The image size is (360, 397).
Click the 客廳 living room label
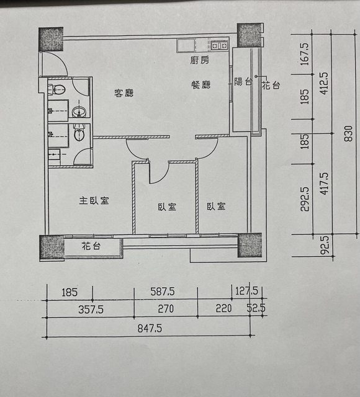(x=124, y=93)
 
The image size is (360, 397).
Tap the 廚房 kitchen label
(x=200, y=60)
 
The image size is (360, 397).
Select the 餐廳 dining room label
(x=201, y=84)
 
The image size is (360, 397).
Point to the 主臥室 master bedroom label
(x=94, y=200)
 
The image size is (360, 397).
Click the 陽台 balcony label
(x=243, y=81)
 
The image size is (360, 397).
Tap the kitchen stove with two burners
(x=220, y=45)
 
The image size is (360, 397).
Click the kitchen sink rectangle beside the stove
(x=186, y=46)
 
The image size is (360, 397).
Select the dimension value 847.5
(x=150, y=329)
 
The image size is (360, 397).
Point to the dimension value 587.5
(x=163, y=292)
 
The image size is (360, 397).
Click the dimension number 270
(x=166, y=309)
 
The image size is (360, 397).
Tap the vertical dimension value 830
(x=348, y=134)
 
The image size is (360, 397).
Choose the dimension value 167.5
(x=305, y=54)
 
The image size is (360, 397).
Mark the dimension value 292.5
(x=305, y=199)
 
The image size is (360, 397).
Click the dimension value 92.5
(x=325, y=245)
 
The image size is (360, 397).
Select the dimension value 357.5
(x=91, y=310)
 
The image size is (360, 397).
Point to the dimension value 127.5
(x=246, y=291)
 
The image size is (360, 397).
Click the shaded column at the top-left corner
(x=51, y=39)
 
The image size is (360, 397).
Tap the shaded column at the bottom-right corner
(x=250, y=245)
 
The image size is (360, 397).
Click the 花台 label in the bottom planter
(x=91, y=246)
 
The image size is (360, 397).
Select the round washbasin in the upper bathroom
(x=79, y=112)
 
